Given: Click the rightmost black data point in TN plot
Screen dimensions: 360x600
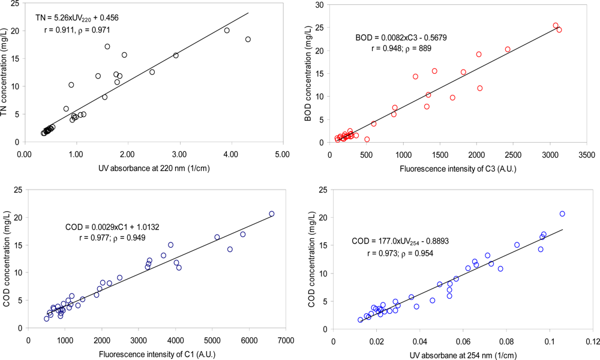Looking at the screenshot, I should (x=248, y=40).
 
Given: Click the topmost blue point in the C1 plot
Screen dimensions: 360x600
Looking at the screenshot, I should (x=271, y=214).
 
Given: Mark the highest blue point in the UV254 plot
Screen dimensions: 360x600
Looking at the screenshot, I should (x=562, y=214).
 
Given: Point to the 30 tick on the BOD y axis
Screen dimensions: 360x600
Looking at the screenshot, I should (x=321, y=5).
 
